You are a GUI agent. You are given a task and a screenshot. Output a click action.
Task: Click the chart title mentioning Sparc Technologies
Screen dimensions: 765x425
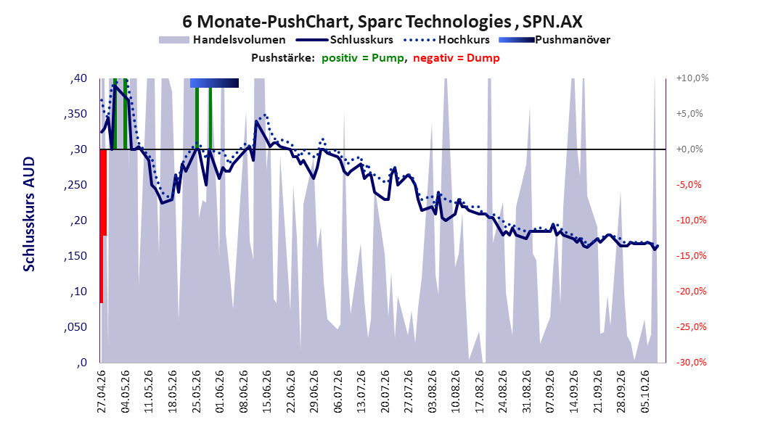click(x=382, y=22)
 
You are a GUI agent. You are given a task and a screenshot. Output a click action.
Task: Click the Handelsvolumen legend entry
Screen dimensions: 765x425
click(x=222, y=40)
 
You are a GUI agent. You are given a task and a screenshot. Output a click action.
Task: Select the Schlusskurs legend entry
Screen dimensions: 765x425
click(x=345, y=40)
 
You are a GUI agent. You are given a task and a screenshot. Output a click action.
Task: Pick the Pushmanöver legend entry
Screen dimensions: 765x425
click(x=555, y=40)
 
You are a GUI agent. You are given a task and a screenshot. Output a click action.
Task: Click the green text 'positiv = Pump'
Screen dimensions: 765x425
click(x=363, y=58)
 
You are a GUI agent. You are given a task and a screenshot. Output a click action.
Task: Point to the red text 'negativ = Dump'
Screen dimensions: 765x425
click(x=457, y=58)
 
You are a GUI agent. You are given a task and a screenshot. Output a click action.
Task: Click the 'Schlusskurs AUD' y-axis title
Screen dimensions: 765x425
click(x=29, y=214)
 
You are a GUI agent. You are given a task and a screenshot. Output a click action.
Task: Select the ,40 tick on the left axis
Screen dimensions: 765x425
click(x=78, y=78)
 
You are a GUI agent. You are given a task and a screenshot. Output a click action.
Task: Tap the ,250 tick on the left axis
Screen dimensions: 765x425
click(x=75, y=185)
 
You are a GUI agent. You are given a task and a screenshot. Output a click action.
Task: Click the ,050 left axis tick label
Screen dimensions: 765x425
click(x=75, y=327)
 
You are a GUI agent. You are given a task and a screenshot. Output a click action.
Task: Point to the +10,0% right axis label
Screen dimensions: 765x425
click(x=692, y=78)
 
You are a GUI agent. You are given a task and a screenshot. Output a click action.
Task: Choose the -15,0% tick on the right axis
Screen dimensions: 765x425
click(x=691, y=256)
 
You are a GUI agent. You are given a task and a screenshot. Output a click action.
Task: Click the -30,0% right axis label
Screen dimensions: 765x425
click(x=691, y=363)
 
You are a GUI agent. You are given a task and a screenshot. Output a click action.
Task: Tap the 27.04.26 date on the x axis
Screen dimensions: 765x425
click(x=102, y=392)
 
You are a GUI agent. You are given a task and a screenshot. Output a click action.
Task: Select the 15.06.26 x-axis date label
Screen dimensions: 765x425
click(x=267, y=392)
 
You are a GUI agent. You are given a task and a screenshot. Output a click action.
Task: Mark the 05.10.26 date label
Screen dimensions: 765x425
click(x=645, y=392)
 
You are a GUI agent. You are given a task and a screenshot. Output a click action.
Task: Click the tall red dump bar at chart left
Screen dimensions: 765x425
click(x=102, y=226)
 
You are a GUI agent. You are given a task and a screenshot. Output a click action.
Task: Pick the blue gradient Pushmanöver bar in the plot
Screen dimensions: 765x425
click(x=214, y=83)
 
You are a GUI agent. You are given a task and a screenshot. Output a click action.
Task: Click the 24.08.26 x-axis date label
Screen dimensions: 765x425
click(x=503, y=392)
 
